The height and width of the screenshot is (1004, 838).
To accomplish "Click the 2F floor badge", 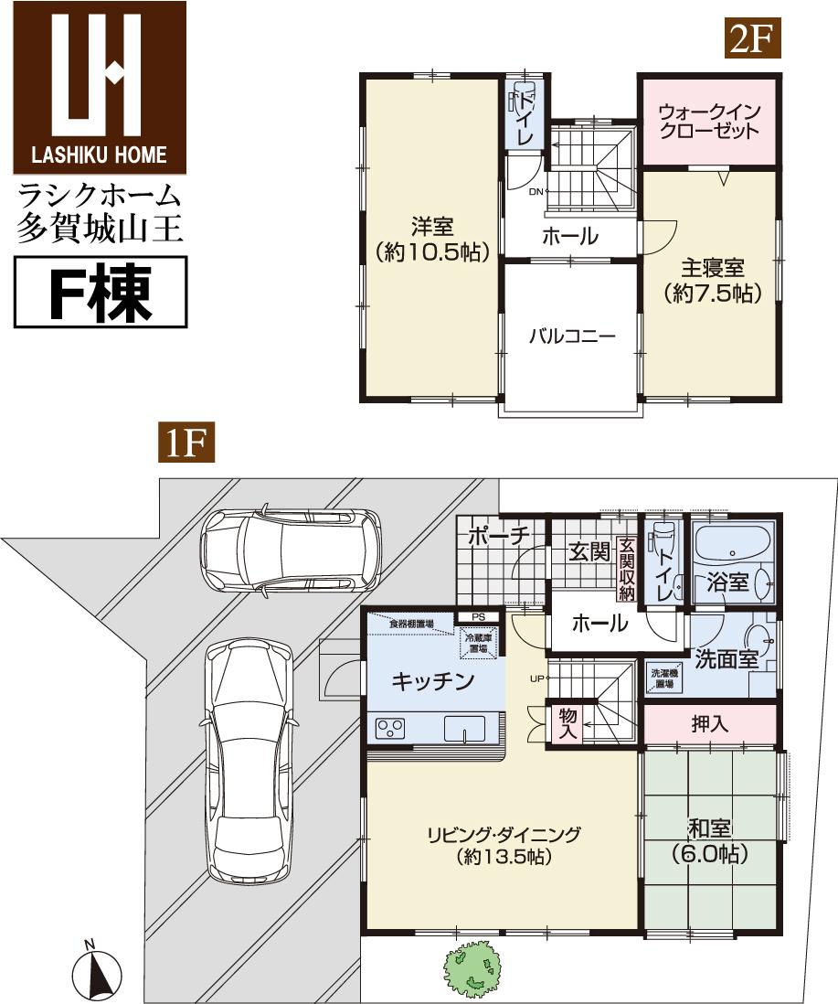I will tap(752, 39).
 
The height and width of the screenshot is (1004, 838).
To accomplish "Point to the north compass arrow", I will tap(98, 973).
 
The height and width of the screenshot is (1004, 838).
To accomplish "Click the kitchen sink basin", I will tap(467, 729).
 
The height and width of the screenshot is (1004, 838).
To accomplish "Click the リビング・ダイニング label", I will tap(503, 845).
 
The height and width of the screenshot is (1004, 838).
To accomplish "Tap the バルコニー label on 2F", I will tap(572, 336).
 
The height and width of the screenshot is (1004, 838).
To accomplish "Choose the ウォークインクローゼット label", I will tap(708, 121).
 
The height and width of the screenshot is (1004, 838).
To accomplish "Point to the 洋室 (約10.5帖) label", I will tap(432, 239).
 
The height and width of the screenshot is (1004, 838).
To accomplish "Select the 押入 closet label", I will tap(710, 724).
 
